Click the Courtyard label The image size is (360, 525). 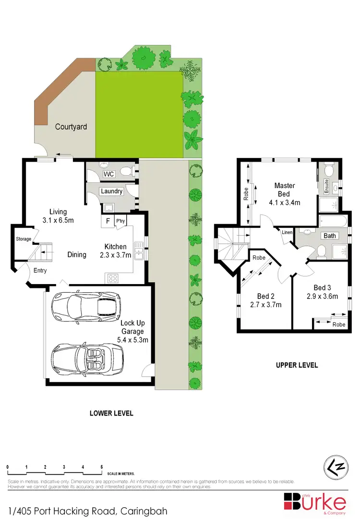pyautogui.click(x=71, y=127)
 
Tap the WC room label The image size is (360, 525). pyautogui.click(x=109, y=174)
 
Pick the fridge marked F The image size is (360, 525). pyautogui.click(x=108, y=221)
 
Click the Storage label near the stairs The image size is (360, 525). pyautogui.click(x=24, y=239)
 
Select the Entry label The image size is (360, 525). pyautogui.click(x=40, y=271)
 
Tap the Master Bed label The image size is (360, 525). pyautogui.click(x=285, y=190)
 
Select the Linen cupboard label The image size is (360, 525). pyautogui.click(x=287, y=233)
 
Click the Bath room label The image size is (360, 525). pyautogui.click(x=330, y=236)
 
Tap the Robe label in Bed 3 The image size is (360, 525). pyautogui.click(x=338, y=324)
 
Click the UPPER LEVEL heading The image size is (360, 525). pyautogui.click(x=297, y=365)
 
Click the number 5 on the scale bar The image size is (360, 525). pyautogui.click(x=102, y=466)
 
